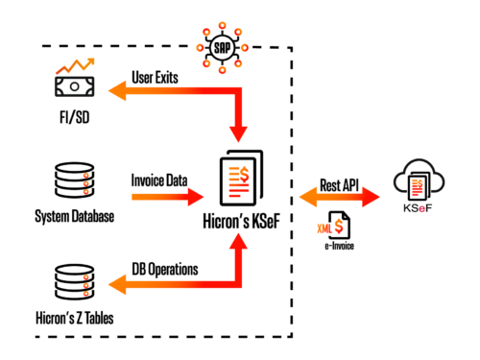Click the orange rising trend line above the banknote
tap(75, 65)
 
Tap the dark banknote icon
tap(74, 86)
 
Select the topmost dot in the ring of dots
tap(222, 26)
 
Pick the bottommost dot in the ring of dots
tap(222, 69)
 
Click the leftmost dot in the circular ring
tap(200, 47)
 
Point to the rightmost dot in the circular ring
tap(245, 47)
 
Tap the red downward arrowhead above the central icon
tap(238, 133)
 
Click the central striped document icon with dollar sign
tap(238, 180)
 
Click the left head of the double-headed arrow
tap(308, 197)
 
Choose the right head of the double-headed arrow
tap(371, 197)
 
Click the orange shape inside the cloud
tap(417, 186)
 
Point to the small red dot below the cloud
tap(421, 208)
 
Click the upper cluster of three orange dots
tap(85, 183)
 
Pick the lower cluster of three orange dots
tap(85, 285)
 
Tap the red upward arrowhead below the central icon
tap(238, 241)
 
